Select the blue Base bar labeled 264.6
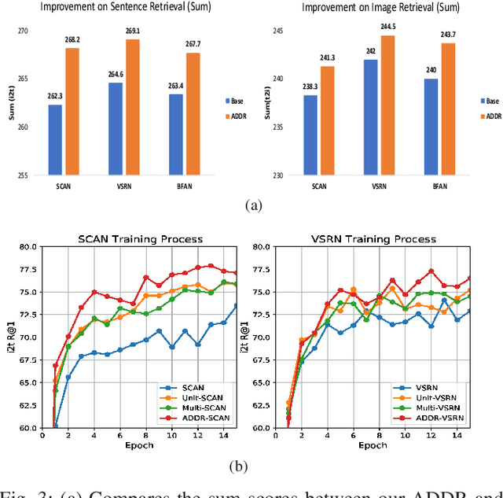115,128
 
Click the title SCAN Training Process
140,238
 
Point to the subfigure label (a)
251,205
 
